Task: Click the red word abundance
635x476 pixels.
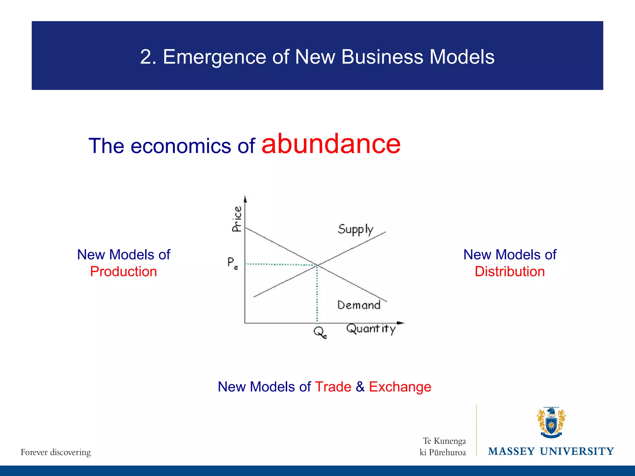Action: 331,144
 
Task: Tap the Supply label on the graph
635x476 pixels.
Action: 355,230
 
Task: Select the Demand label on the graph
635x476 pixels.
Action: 359,305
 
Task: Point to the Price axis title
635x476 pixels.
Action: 237,219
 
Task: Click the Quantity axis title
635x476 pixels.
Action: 371,329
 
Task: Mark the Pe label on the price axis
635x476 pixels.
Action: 233,263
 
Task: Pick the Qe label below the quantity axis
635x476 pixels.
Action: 320,333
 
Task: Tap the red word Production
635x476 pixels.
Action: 123,271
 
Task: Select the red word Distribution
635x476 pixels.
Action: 510,271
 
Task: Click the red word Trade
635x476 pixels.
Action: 333,387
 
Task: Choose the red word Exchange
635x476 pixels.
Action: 400,387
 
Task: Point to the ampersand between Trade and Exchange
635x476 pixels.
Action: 360,387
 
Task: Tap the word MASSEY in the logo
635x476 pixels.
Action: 511,452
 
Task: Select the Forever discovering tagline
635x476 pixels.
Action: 56,452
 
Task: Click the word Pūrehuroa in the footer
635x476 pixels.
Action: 447,453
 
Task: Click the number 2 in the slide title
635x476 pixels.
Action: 146,57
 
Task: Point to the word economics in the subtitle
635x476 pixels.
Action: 180,146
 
